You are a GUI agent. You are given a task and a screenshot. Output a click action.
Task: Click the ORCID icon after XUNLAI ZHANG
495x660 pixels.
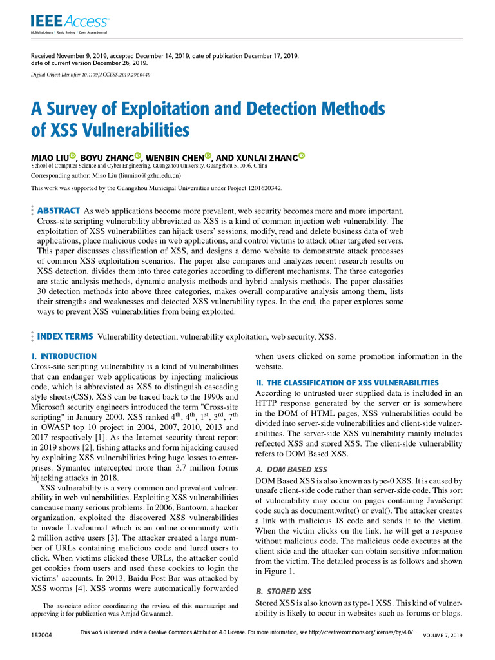301,156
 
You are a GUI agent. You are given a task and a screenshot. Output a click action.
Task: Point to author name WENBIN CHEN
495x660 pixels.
174,157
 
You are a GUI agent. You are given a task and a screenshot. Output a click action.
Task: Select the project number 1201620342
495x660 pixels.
259,188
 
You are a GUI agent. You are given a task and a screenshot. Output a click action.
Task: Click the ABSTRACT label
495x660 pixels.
59,211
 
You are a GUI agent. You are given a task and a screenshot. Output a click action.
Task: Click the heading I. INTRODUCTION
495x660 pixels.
64,356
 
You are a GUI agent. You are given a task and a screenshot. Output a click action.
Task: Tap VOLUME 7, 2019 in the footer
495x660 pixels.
442,636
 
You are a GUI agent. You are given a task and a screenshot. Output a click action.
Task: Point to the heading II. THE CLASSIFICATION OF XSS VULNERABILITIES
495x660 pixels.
347,383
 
